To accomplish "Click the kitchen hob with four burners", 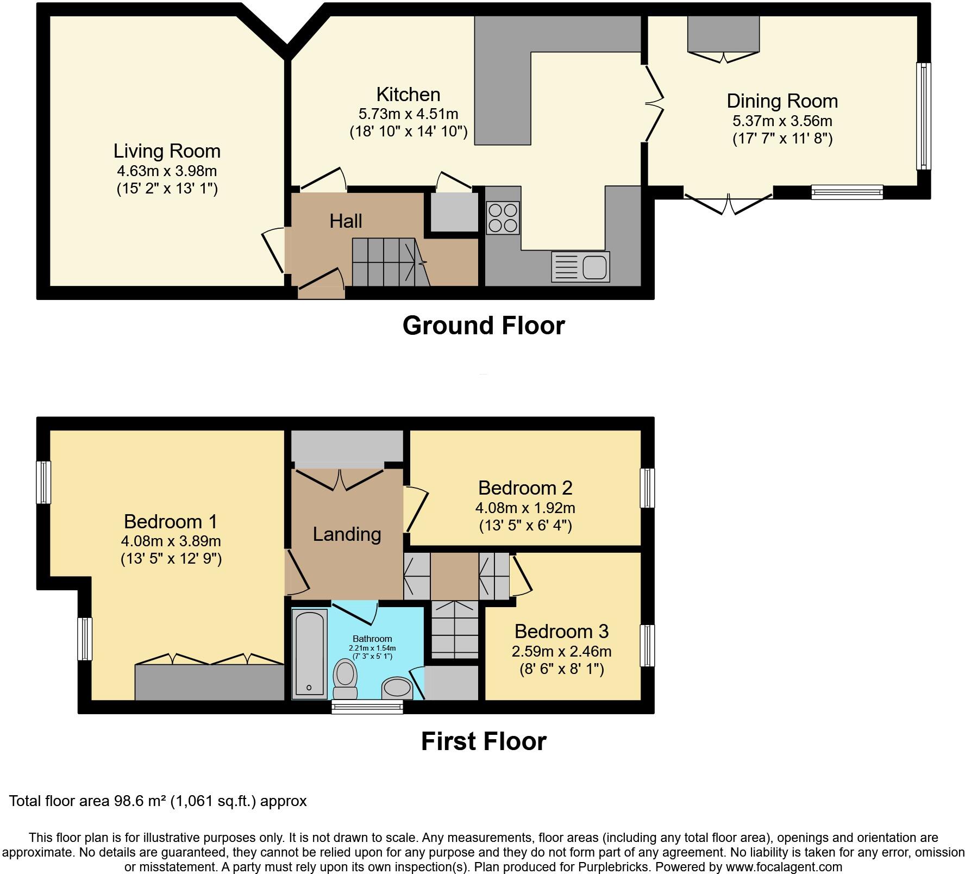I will [x=503, y=217].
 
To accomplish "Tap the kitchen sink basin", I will [x=594, y=267].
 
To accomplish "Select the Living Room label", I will [x=167, y=151].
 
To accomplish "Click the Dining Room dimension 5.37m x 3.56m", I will [x=782, y=121].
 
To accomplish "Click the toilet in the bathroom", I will [x=346, y=678].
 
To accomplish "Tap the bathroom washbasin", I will [x=397, y=688].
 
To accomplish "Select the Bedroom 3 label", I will [x=561, y=631].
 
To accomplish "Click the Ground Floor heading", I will [x=484, y=326].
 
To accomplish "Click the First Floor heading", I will [x=484, y=741].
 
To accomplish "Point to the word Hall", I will [x=346, y=221].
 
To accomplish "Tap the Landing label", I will [x=347, y=534].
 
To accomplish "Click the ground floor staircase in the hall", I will [x=386, y=262].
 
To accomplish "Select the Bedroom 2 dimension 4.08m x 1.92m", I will [x=525, y=508].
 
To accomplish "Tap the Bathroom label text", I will [x=372, y=639].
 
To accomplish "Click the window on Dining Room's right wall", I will [x=923, y=116].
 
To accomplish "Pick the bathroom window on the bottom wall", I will [x=367, y=707].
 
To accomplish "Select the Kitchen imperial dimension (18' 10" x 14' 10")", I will [x=408, y=132].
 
